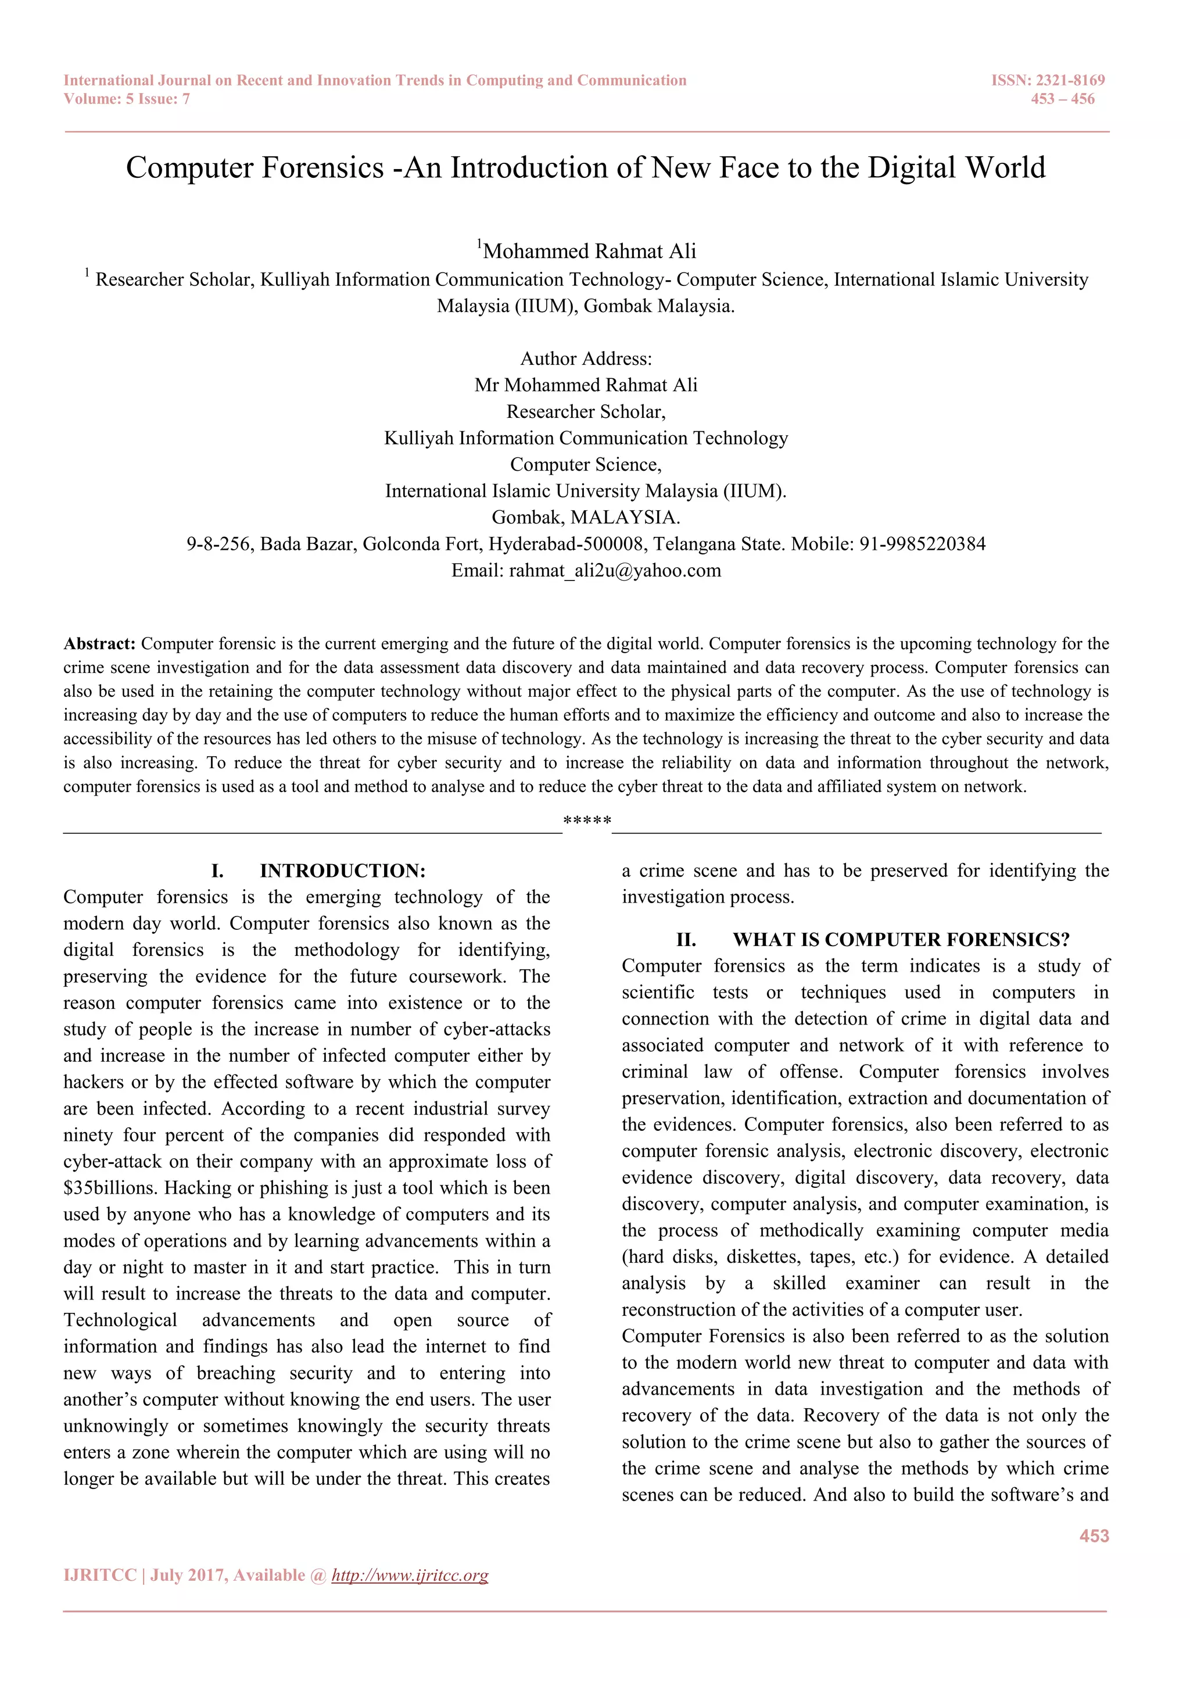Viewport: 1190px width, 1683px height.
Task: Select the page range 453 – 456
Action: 1063,99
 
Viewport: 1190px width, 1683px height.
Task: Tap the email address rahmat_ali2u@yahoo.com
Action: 615,570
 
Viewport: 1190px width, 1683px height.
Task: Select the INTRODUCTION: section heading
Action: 342,871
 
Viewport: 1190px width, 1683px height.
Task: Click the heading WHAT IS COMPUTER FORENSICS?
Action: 901,940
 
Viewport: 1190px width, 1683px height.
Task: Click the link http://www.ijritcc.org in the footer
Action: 410,1575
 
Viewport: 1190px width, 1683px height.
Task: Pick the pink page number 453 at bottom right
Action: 1094,1535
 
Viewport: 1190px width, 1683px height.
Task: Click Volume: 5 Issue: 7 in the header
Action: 127,99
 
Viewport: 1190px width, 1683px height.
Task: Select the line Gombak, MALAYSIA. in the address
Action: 586,517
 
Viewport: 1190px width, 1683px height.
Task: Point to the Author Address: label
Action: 586,359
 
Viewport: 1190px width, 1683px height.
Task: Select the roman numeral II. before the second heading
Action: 686,940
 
